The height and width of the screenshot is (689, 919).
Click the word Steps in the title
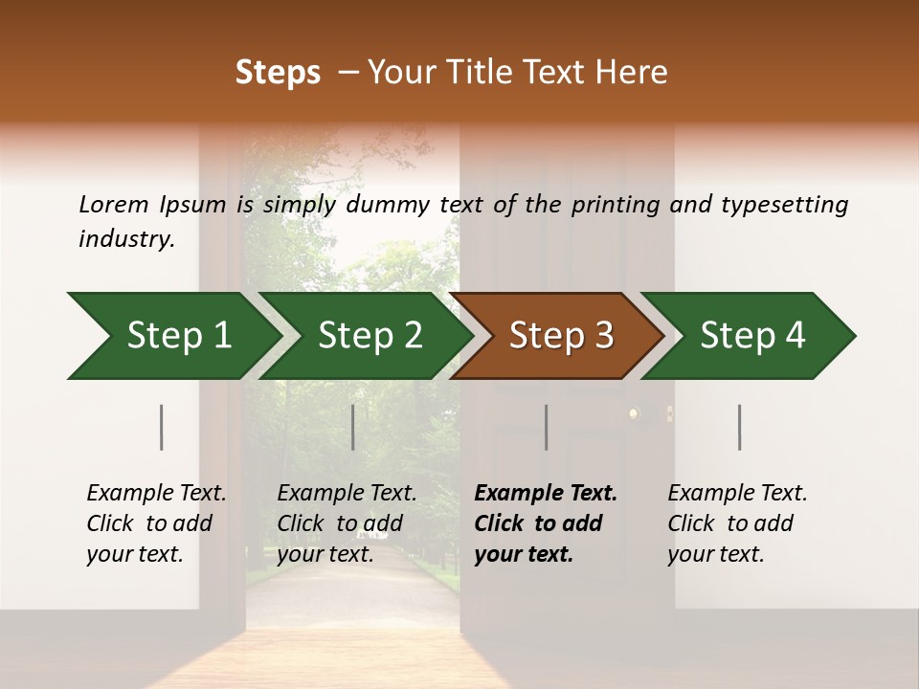pos(278,73)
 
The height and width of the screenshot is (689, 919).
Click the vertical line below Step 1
pos(162,427)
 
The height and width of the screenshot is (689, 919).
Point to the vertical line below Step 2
pos(353,427)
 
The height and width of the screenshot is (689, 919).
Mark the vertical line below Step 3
pos(547,427)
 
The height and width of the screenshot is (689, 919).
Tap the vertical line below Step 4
pos(740,427)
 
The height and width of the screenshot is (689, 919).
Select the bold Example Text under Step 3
pos(546,523)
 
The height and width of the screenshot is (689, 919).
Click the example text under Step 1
pos(156,523)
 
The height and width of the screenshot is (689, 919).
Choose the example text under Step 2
pos(347,523)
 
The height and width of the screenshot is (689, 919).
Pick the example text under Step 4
pos(737,523)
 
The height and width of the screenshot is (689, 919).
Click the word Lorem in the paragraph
pos(114,205)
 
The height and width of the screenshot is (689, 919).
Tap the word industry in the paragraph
pos(125,239)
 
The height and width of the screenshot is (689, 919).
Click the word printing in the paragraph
pos(614,205)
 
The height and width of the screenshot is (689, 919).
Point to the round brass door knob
pos(633,413)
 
